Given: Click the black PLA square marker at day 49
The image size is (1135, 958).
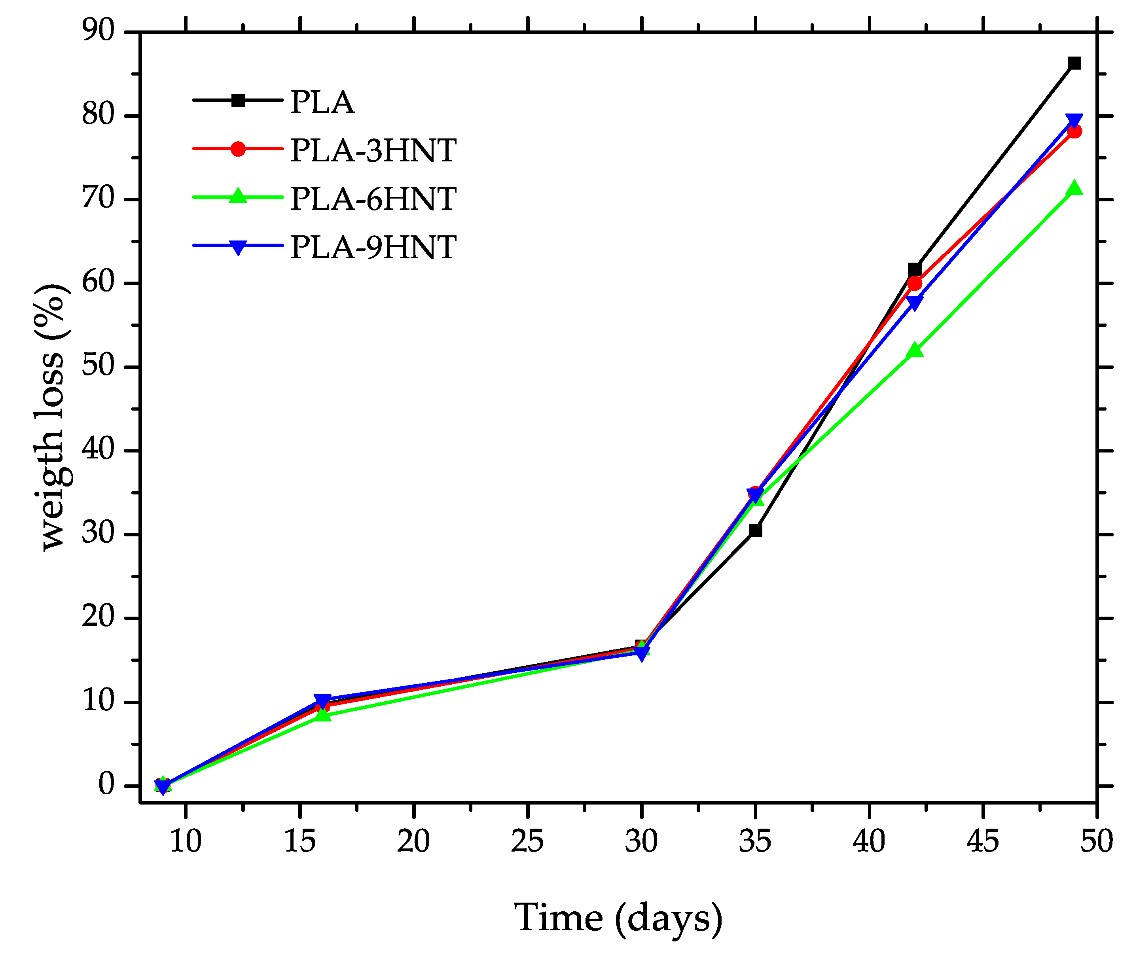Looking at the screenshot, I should (1074, 64).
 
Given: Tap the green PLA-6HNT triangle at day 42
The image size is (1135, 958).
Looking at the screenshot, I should (915, 350).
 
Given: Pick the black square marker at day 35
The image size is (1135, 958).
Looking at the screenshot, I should (755, 530).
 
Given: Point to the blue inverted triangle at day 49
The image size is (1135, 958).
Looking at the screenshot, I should (1074, 121).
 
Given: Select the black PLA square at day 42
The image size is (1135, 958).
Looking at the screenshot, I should (915, 269).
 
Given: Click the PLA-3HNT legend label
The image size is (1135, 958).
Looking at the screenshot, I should (373, 150).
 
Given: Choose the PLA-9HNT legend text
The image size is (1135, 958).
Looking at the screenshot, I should (373, 248).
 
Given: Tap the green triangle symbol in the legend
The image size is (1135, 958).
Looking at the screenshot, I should (238, 195).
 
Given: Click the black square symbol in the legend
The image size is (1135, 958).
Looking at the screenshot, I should (238, 100).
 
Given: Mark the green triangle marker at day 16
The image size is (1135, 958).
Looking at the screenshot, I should (322, 715).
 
